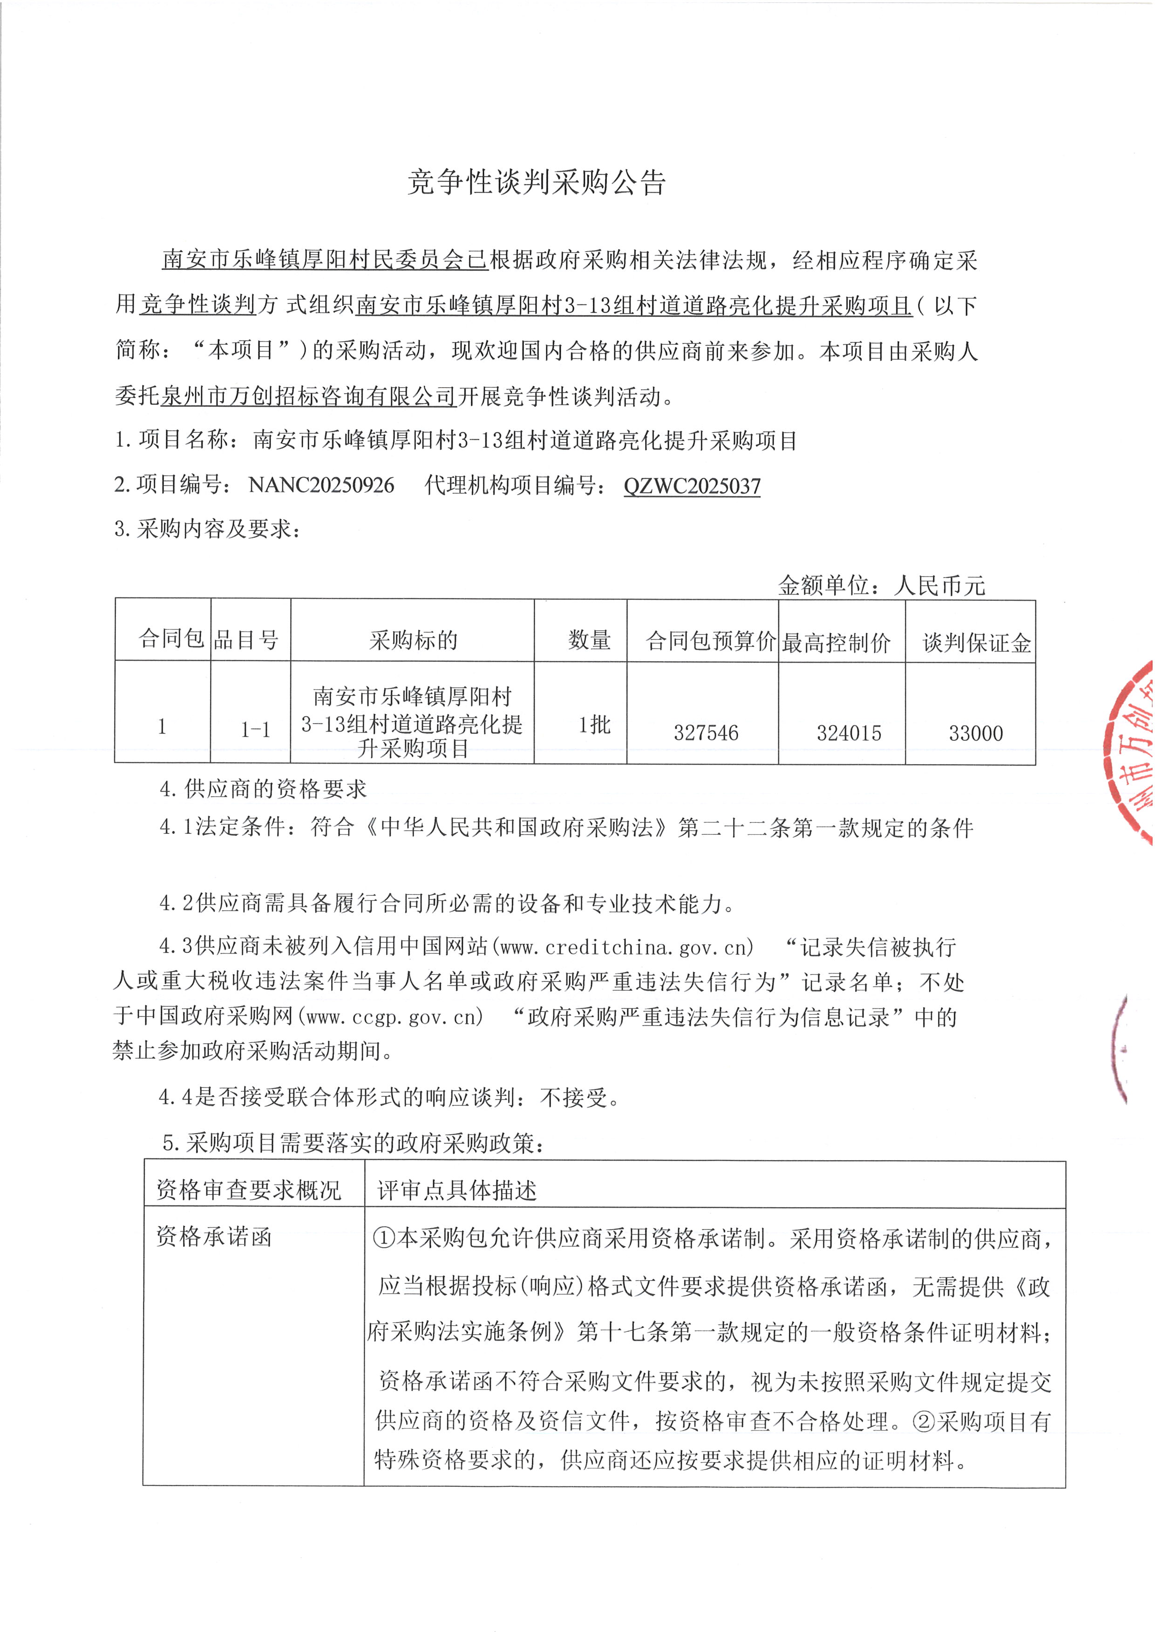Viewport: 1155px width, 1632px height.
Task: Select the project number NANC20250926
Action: point(321,485)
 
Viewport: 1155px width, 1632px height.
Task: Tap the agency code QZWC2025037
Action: point(692,486)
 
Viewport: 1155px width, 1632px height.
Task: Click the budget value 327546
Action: point(706,733)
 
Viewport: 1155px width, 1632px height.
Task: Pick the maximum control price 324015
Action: point(849,733)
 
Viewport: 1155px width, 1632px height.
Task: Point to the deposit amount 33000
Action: point(976,733)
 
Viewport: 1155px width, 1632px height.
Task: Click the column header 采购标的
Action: point(413,640)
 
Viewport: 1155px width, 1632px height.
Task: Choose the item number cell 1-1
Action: point(255,729)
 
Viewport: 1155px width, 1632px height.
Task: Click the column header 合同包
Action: point(171,638)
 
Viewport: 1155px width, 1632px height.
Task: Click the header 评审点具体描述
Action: point(456,1190)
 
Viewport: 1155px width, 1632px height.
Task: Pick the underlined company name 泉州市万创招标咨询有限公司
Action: point(308,396)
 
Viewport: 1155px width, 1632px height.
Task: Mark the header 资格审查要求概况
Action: point(249,1190)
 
